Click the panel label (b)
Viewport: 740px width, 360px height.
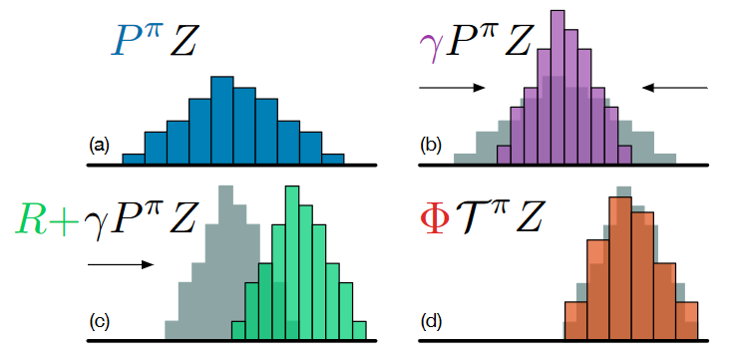tap(432, 146)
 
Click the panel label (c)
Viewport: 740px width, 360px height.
tap(98, 322)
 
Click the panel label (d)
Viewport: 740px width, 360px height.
tap(432, 322)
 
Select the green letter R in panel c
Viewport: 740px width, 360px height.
tap(35, 219)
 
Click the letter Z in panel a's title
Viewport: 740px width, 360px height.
tap(190, 41)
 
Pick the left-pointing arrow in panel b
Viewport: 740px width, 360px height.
tap(675, 89)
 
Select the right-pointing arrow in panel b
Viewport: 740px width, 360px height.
tap(451, 89)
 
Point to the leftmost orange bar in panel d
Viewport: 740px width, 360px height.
tap(575, 320)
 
